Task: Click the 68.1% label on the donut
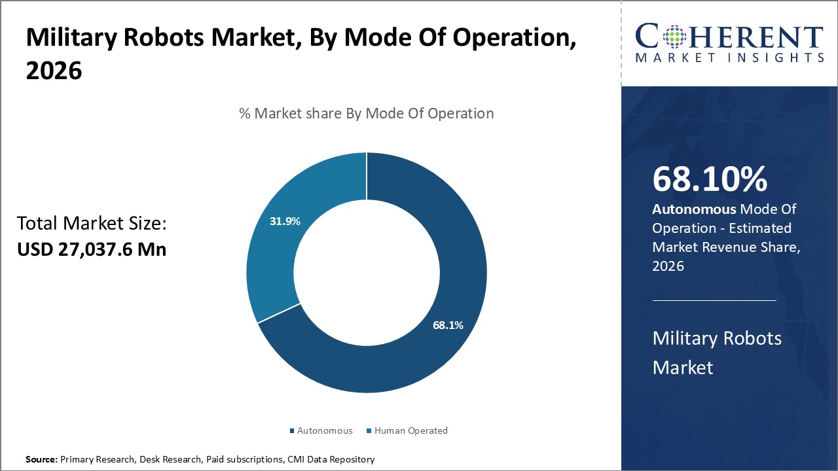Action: (448, 324)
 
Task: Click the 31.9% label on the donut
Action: (285, 221)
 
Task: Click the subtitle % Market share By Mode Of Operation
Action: (366, 113)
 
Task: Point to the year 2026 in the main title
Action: (54, 71)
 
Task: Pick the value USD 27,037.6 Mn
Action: (91, 249)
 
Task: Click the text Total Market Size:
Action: (92, 224)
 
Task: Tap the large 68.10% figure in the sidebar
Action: (710, 179)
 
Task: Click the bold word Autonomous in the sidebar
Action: (693, 209)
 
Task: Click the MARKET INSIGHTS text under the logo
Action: (729, 58)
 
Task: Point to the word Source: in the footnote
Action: (41, 460)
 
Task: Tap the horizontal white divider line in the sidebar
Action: (714, 300)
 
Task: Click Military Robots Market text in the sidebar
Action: (717, 352)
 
